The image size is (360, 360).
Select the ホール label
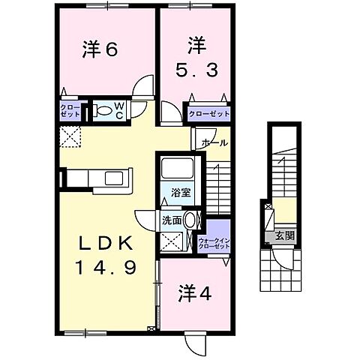214,142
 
